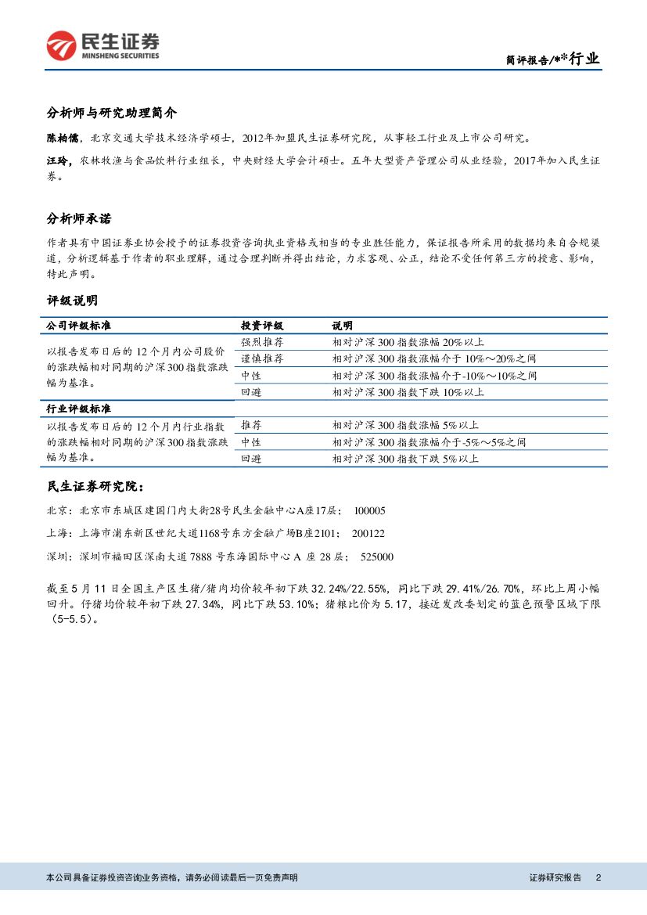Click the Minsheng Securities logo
click(102, 46)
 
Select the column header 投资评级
click(261, 326)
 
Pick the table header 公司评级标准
click(84, 326)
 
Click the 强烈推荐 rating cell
click(261, 342)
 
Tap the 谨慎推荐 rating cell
click(261, 359)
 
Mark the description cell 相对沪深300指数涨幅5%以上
click(404, 426)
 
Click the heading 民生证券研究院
click(95, 487)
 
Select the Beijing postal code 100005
click(369, 510)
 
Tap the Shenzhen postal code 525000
click(376, 557)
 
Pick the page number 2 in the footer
click(598, 877)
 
